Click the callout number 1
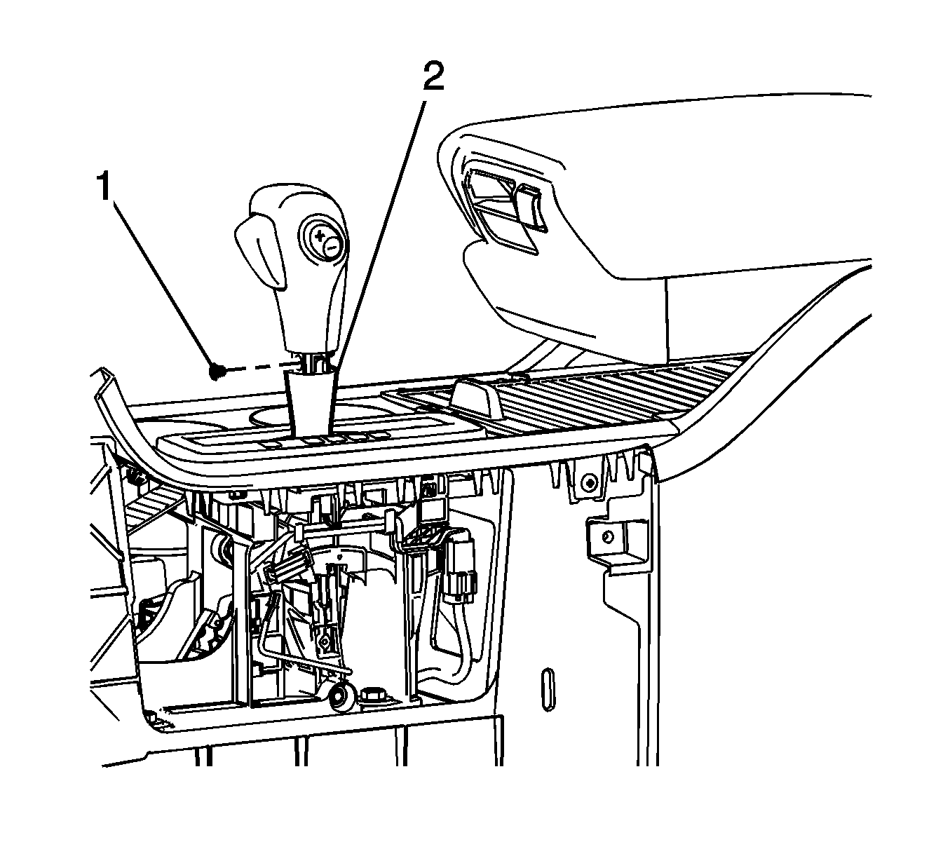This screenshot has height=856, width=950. [104, 188]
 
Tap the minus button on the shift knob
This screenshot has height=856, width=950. [332, 247]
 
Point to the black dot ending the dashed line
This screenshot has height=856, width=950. [218, 372]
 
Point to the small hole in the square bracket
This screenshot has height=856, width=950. [608, 537]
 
